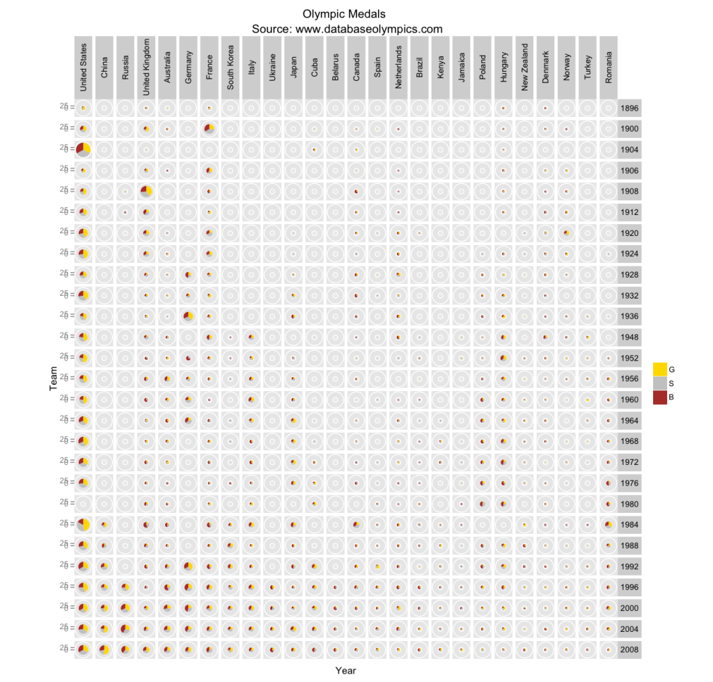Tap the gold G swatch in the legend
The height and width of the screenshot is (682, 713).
pos(659,369)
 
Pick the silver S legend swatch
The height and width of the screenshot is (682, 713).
pos(659,383)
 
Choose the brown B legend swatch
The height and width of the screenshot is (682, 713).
pos(659,397)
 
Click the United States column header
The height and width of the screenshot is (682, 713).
pos(84,68)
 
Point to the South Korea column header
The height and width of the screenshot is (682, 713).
pos(230,68)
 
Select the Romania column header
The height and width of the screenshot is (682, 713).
pos(609,68)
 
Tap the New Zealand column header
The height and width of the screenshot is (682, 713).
pos(525,68)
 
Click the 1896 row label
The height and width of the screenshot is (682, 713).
pos(629,109)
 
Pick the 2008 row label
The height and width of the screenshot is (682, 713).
pos(629,650)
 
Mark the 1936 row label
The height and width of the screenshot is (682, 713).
pos(629,317)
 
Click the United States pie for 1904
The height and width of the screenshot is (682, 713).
pos(84,150)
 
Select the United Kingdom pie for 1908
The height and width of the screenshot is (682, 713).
pos(146,191)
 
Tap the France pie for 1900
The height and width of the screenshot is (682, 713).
pos(209,129)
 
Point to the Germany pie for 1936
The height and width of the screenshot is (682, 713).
pos(188,317)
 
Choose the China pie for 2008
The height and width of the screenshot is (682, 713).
pos(104,650)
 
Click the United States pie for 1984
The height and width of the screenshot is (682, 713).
pos(84,525)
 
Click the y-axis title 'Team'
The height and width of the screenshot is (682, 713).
pos(53,379)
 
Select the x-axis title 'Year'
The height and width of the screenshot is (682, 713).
pos(346,670)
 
